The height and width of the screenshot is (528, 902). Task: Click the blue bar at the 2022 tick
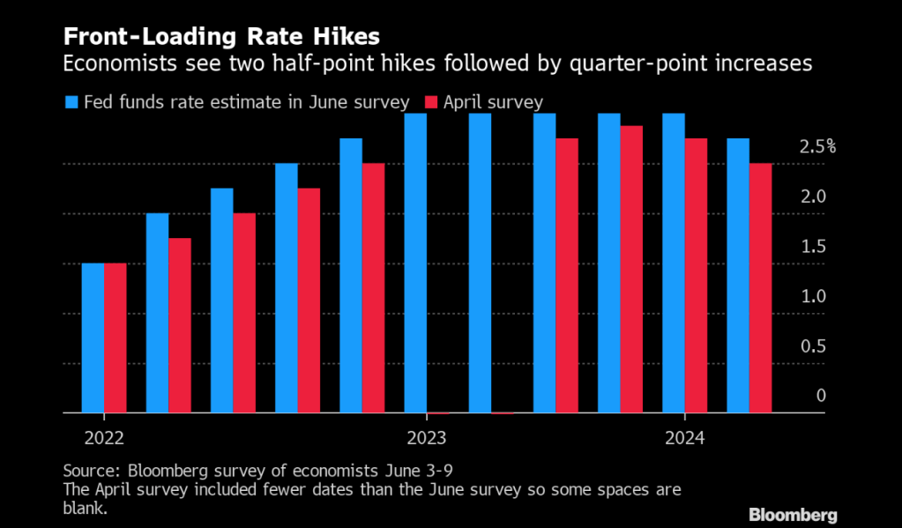pyautogui.click(x=93, y=338)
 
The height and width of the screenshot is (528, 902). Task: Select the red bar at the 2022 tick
pyautogui.click(x=115, y=338)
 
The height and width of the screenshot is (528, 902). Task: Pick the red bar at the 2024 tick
pyautogui.click(x=696, y=275)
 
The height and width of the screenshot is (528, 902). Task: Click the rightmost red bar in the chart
pyautogui.click(x=761, y=287)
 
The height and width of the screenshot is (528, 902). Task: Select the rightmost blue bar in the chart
pyautogui.click(x=739, y=275)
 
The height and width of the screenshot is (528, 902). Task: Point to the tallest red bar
pyautogui.click(x=631, y=269)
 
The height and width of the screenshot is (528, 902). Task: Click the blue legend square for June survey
pyautogui.click(x=71, y=101)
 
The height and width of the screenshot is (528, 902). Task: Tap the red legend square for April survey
pyautogui.click(x=432, y=101)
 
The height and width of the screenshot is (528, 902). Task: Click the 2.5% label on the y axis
pyautogui.click(x=817, y=147)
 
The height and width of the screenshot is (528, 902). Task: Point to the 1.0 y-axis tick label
pyautogui.click(x=814, y=296)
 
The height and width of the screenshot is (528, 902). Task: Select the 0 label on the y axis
pyautogui.click(x=821, y=396)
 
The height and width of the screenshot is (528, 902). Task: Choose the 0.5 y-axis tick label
pyautogui.click(x=814, y=346)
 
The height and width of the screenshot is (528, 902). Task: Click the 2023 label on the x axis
pyautogui.click(x=427, y=438)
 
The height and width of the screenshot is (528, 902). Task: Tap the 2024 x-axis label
pyautogui.click(x=685, y=438)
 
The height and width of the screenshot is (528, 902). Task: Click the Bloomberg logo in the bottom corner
pyautogui.click(x=793, y=514)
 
